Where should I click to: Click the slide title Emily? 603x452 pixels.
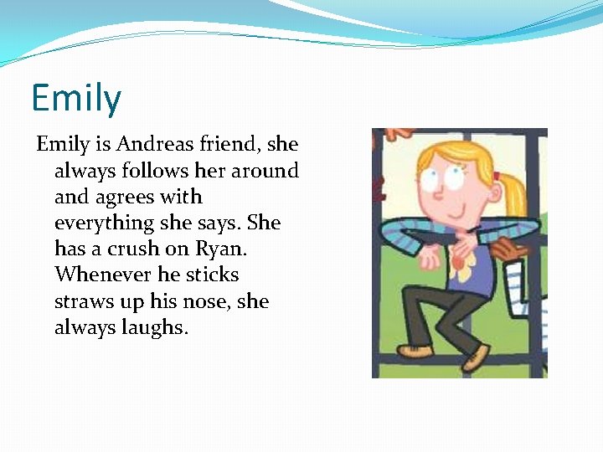click(x=76, y=98)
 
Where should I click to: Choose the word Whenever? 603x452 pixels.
click(x=97, y=275)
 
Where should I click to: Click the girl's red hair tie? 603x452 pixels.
click(x=496, y=177)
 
